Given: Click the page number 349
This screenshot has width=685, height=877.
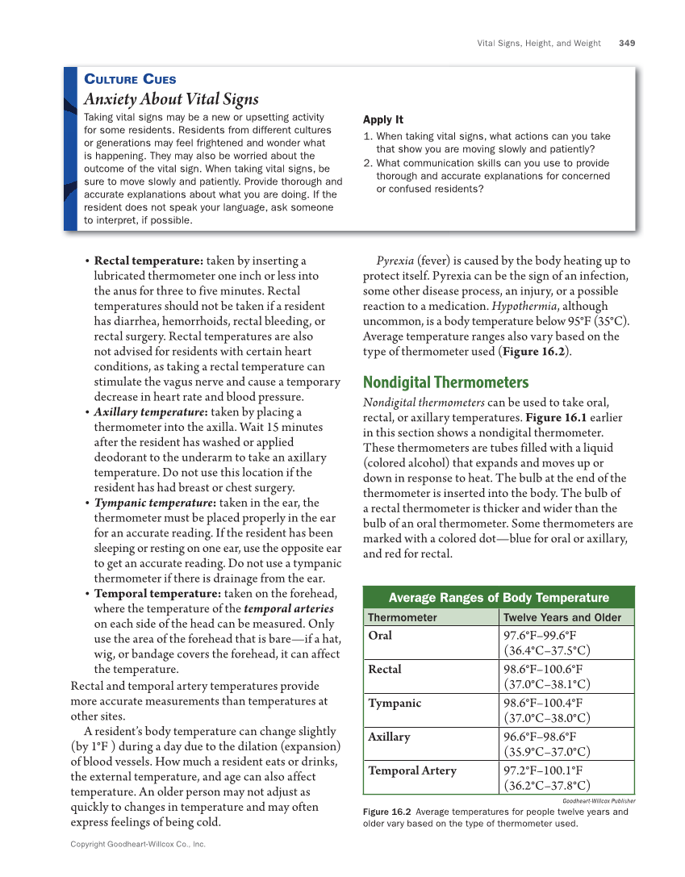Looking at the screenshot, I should click(x=627, y=43).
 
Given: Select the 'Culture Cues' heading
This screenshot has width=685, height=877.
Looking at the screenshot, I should click(x=130, y=79).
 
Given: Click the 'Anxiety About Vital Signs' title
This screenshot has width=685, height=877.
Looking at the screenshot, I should click(x=172, y=99).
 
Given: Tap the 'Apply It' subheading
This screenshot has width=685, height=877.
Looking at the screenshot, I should click(x=383, y=119).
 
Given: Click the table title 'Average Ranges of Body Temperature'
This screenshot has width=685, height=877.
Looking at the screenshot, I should click(x=499, y=598).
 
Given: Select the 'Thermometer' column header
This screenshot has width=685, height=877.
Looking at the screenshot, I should click(x=403, y=617).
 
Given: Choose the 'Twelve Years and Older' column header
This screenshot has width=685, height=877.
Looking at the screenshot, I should click(x=562, y=617).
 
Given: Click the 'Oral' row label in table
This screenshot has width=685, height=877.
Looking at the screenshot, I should click(x=380, y=636).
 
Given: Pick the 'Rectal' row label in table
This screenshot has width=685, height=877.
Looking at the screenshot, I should click(x=385, y=670).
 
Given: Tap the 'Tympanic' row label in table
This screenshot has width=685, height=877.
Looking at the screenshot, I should click(x=395, y=704).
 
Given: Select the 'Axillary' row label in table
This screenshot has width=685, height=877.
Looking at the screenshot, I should click(x=390, y=737).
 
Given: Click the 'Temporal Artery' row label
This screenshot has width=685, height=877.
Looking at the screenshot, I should click(x=412, y=771).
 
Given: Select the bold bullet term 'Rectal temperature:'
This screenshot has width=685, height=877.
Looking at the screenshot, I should click(x=148, y=261).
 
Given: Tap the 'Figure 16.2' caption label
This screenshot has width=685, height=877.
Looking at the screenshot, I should click(x=387, y=812).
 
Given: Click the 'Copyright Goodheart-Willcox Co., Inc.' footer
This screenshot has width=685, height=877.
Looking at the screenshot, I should click(x=138, y=844).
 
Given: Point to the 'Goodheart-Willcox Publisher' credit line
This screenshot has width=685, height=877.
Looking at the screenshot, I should click(x=599, y=801).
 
